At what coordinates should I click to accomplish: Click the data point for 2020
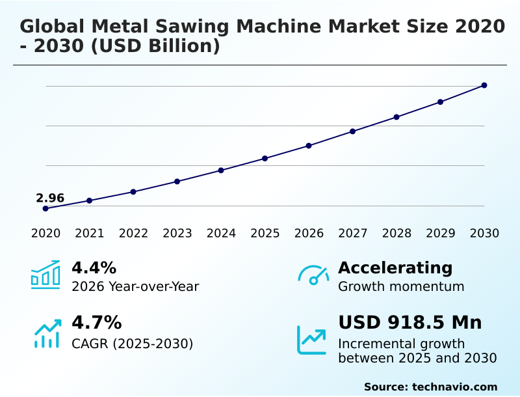(x=45, y=208)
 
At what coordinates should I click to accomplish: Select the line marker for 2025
(x=265, y=158)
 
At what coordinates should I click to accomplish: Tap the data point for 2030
(x=484, y=85)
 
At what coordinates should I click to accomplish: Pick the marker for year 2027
(x=353, y=131)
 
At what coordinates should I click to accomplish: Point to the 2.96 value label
(x=50, y=198)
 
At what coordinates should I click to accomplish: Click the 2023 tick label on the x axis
(x=177, y=234)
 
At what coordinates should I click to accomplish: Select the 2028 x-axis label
(x=396, y=234)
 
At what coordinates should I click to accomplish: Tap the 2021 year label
(x=89, y=234)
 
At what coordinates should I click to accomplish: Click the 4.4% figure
(x=94, y=267)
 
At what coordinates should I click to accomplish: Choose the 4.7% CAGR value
(x=96, y=322)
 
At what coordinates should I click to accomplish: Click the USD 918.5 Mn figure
(x=409, y=322)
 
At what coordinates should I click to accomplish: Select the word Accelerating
(x=395, y=267)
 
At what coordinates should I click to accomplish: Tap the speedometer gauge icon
(x=313, y=275)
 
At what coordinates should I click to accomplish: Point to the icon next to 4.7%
(x=47, y=333)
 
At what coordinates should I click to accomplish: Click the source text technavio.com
(x=454, y=387)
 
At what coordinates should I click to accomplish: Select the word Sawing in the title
(x=188, y=27)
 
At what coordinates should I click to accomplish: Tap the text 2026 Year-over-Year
(x=135, y=286)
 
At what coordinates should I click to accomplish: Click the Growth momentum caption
(x=401, y=286)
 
